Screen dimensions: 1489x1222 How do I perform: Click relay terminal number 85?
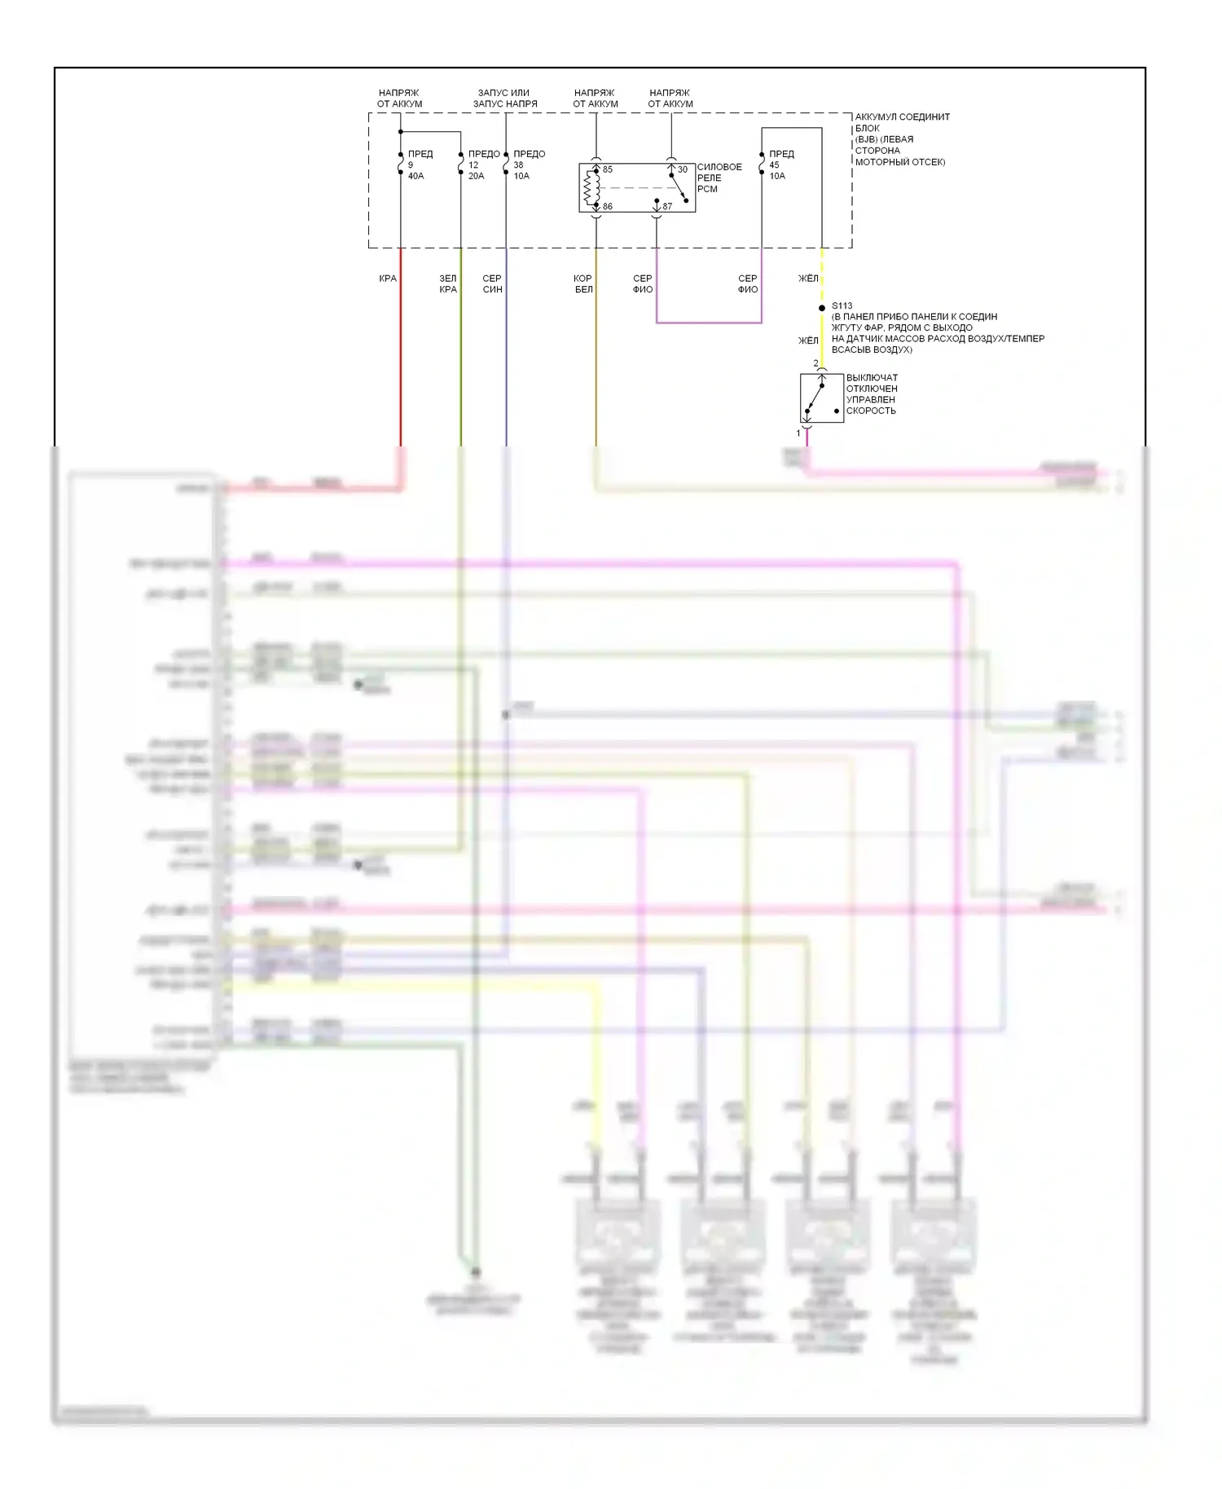coord(608,169)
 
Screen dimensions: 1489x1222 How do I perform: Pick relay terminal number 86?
coord(608,207)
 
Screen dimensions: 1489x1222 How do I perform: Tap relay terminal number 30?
coord(683,169)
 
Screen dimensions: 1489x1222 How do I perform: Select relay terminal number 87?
coord(667,207)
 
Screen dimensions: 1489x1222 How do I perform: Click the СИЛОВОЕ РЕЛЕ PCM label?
coord(719,178)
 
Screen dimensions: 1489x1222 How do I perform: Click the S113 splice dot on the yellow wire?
coord(822,308)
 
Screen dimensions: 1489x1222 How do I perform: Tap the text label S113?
coord(842,306)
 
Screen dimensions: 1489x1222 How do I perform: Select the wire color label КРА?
coord(388,279)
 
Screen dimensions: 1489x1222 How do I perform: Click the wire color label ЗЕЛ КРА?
coord(448,283)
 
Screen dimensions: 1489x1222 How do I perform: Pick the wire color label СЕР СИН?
coord(492,283)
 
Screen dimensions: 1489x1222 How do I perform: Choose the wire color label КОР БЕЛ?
coord(583,283)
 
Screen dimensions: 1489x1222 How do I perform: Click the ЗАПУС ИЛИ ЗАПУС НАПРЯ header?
coord(505,99)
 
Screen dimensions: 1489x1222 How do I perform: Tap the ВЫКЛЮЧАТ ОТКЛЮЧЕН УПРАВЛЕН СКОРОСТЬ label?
coord(872,394)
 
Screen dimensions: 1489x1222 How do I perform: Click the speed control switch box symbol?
coord(821,398)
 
